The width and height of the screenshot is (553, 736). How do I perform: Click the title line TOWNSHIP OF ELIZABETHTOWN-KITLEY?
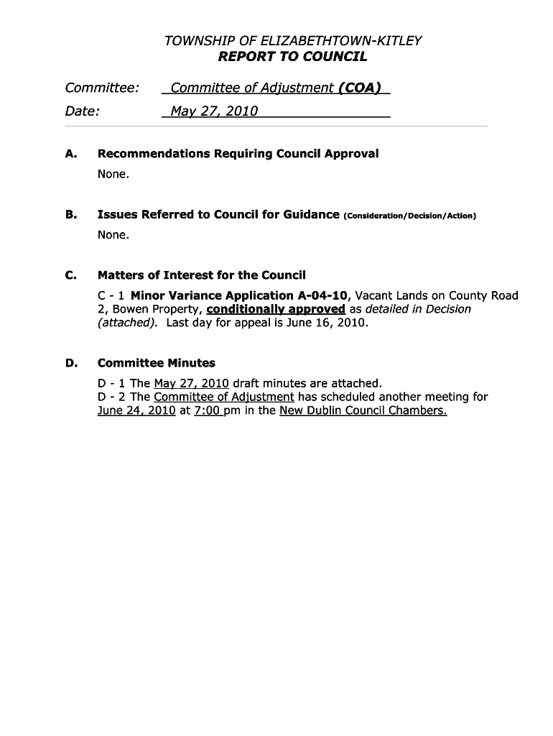click(x=293, y=41)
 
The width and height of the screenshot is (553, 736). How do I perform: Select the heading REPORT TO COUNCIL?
click(x=293, y=57)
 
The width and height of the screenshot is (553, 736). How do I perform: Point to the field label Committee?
click(x=101, y=88)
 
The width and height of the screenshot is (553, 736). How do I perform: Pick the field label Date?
click(x=83, y=111)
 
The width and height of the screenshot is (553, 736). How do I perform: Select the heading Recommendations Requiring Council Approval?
click(x=238, y=154)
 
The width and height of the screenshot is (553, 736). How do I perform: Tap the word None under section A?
click(x=113, y=174)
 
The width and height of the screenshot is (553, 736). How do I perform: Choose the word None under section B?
click(x=113, y=235)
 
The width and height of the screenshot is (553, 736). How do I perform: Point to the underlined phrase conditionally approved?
click(x=276, y=309)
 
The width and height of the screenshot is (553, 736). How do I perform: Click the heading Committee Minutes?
click(x=156, y=363)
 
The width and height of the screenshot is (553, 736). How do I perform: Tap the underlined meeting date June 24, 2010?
click(x=136, y=410)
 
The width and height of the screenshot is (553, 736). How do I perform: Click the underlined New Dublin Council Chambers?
click(x=363, y=410)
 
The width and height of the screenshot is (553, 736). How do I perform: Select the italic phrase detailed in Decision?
click(x=419, y=309)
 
